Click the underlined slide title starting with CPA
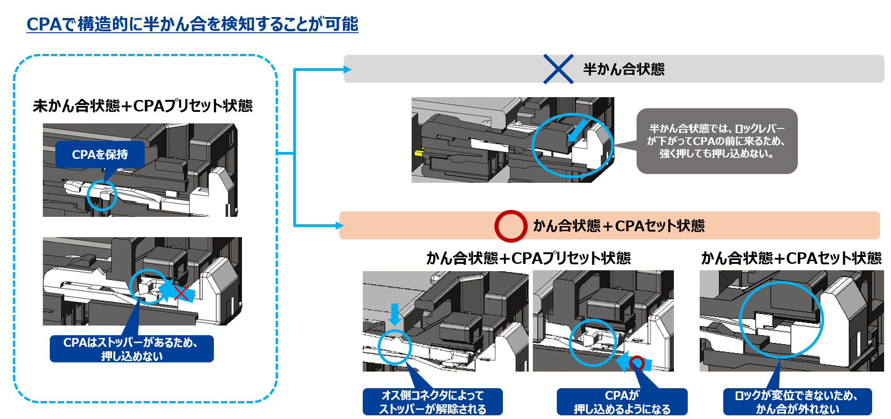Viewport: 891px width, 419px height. pos(192,24)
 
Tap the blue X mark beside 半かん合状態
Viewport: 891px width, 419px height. pos(558,69)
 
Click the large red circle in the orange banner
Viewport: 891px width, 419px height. pos(511,226)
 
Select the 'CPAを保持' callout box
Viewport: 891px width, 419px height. pos(100,155)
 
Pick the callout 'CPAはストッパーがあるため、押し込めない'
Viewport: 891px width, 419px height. pos(131,349)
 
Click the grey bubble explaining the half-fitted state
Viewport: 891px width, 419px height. pos(717,141)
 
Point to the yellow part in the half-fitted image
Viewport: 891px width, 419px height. pos(419,153)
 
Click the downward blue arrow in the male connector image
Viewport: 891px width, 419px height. pos(395,314)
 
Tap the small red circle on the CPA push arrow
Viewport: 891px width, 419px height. pos(637,363)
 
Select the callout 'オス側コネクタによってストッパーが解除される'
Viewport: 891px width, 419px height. pos(432,402)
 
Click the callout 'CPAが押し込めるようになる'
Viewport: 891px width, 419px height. pos(622,402)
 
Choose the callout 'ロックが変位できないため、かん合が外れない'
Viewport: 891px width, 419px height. pos(797,402)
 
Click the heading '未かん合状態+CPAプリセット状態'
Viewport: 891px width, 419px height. pos(142,106)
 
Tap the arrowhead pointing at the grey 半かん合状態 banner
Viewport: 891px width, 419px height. pos(347,70)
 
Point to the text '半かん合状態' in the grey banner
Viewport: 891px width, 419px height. pos(624,69)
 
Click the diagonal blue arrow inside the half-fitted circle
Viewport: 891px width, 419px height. pos(577,131)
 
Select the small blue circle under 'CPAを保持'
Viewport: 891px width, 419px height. pos(102,195)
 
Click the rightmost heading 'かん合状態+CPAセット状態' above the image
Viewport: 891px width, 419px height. pos(791,258)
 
